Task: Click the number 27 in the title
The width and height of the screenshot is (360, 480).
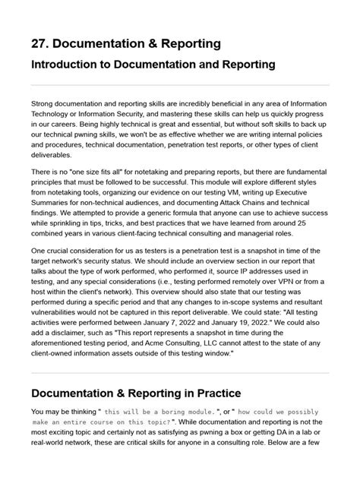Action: [39, 43]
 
